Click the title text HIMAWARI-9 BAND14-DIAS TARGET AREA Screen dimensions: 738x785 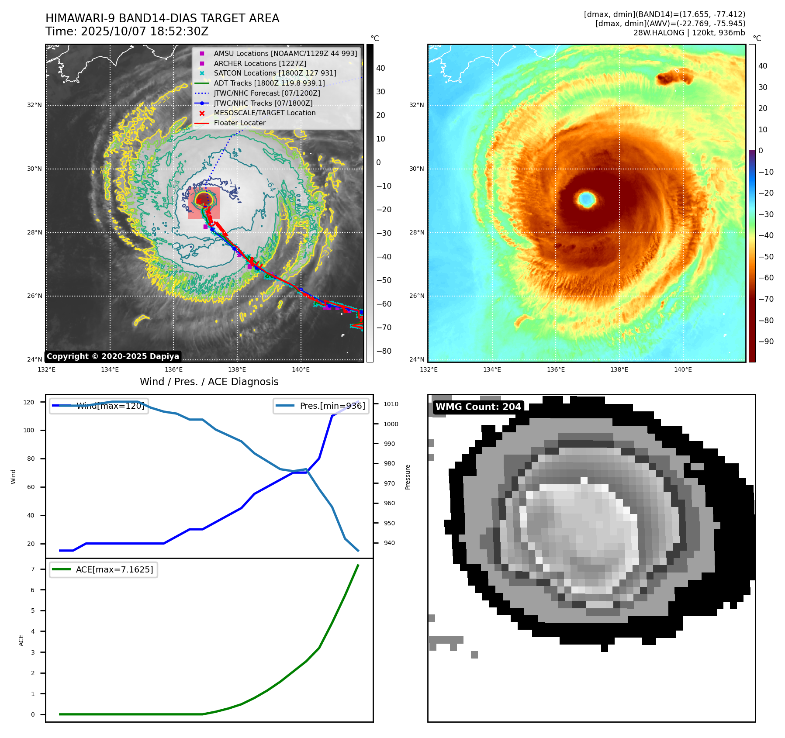(162, 18)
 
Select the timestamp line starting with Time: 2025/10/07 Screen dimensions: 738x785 (127, 32)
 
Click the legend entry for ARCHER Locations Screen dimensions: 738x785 (260, 63)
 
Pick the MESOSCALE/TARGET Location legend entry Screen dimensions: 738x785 (264, 113)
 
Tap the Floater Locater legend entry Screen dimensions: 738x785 (239, 123)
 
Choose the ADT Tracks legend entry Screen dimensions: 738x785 (269, 83)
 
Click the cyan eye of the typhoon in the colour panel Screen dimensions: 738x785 (586, 199)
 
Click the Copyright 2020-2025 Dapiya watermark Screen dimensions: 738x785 (113, 356)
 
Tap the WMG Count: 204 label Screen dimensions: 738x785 (478, 407)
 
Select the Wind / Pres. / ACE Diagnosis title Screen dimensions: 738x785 (209, 382)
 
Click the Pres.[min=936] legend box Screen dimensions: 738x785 (321, 406)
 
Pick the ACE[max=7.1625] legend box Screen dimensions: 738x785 (104, 569)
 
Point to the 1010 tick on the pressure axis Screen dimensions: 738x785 (391, 404)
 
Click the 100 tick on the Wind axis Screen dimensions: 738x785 (29, 430)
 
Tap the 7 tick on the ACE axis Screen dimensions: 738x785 (33, 569)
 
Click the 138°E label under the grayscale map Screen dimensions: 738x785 (237, 370)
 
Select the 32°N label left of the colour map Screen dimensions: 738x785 (416, 105)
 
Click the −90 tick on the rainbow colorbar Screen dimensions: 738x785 (765, 341)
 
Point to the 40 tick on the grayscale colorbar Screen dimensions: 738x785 (380, 68)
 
